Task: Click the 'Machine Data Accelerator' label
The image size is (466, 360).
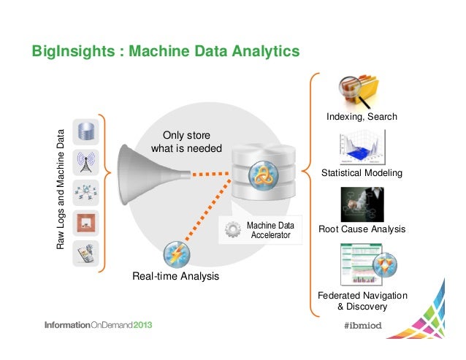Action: pos(270,230)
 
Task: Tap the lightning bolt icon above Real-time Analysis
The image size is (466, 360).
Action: pos(177,254)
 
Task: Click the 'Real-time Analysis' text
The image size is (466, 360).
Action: pos(175,277)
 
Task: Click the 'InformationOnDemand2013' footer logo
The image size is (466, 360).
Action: pos(99,325)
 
